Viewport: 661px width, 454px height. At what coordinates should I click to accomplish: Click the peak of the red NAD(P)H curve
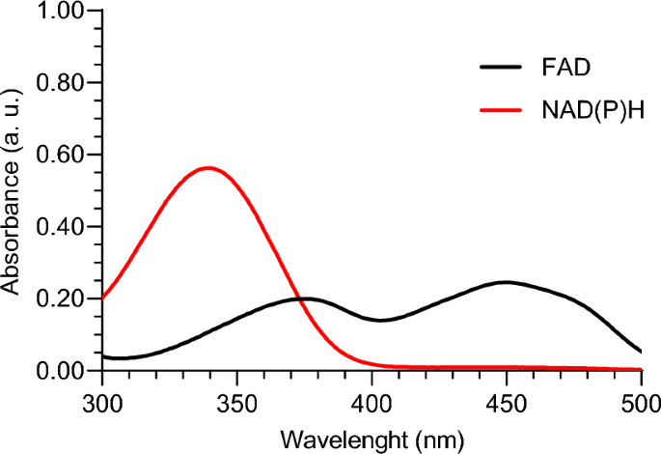(207, 168)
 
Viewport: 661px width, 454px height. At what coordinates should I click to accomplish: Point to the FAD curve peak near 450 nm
(506, 282)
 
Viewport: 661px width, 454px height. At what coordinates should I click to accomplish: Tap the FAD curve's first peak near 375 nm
(304, 298)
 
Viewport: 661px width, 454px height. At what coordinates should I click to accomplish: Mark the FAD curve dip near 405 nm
(382, 320)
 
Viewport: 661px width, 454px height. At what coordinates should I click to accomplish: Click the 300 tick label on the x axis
(101, 399)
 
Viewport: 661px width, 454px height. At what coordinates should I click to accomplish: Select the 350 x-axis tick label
(236, 399)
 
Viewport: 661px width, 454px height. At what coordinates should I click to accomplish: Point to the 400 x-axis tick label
(372, 399)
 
